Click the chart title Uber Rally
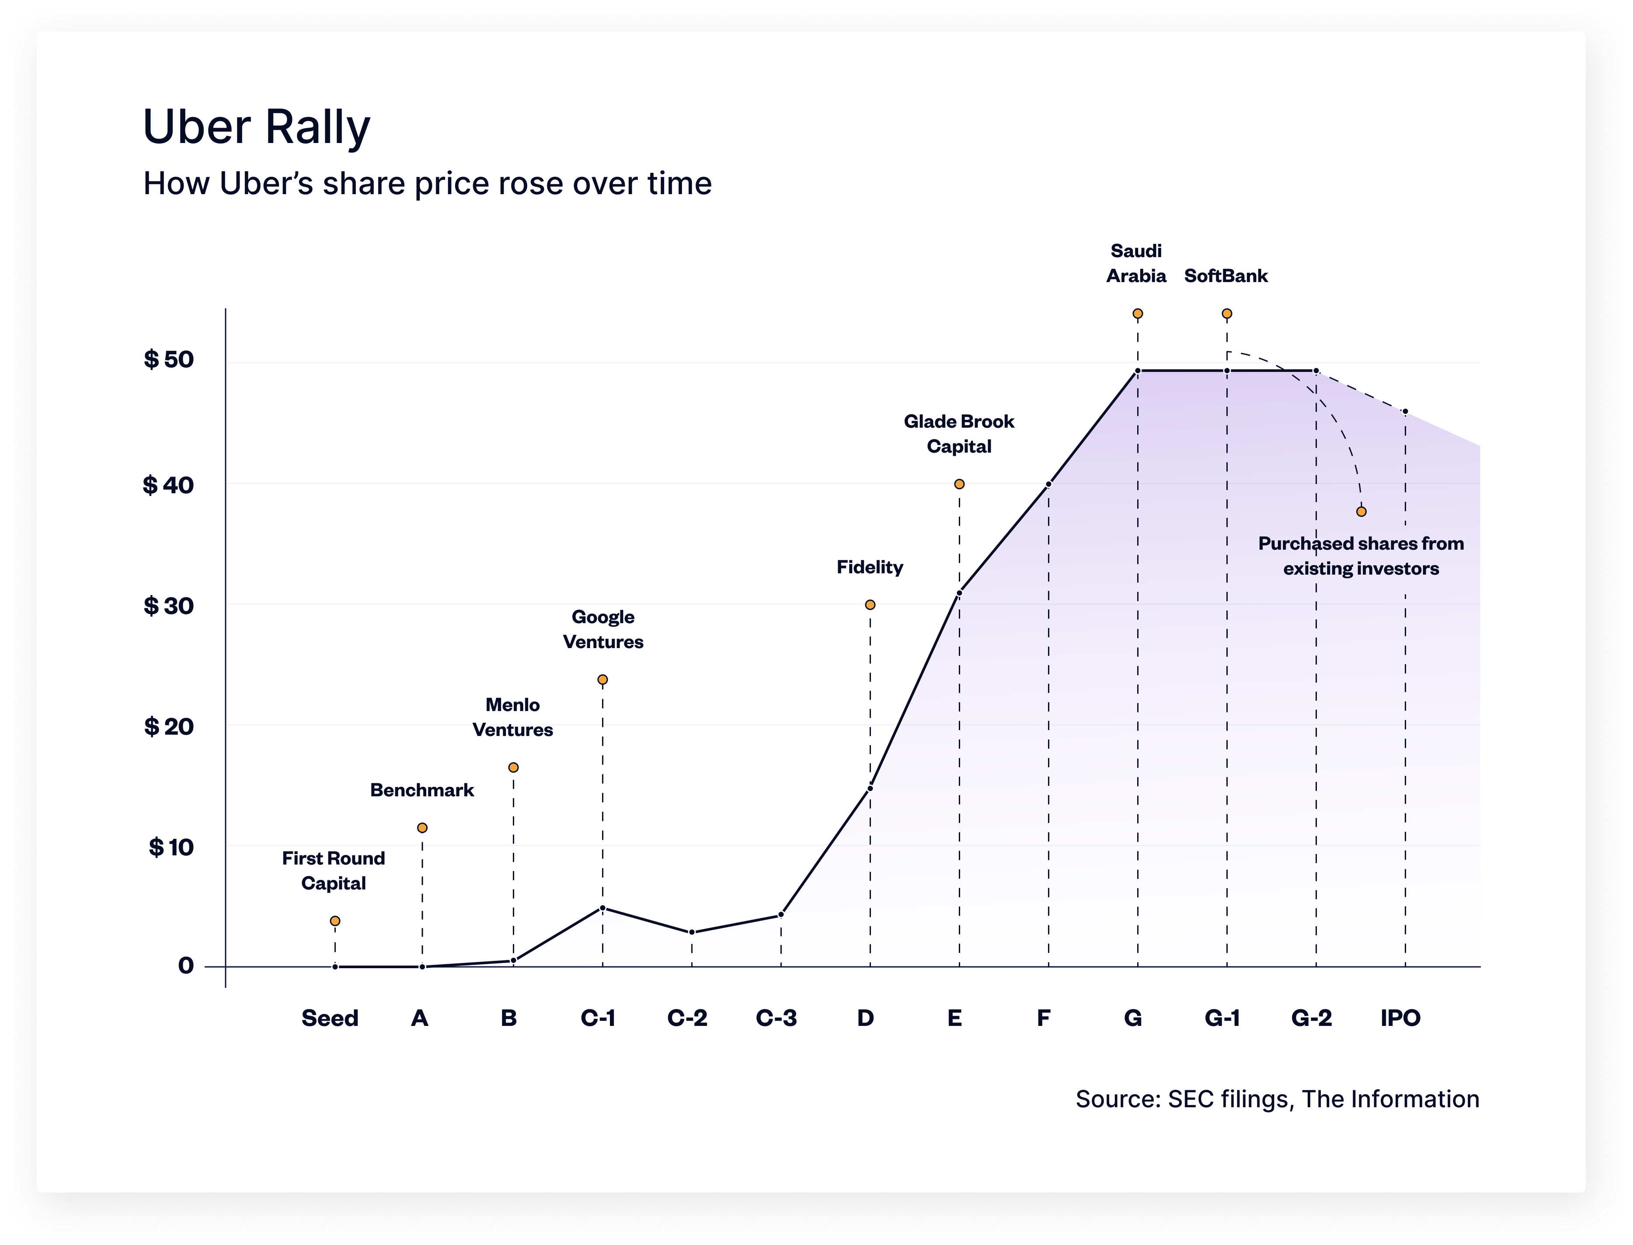pos(256,127)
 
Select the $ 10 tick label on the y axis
pos(171,847)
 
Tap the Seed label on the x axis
pos(330,1018)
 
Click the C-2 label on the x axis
pos(687,1018)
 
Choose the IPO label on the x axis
pos(1400,1018)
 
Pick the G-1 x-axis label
pos(1222,1018)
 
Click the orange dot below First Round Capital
pos(335,921)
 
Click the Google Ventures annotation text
pos(603,629)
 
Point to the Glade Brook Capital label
pos(959,433)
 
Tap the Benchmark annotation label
pos(421,790)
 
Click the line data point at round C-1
pos(602,908)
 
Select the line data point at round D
pos(870,788)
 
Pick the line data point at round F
pos(1048,485)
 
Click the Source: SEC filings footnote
pos(1277,1099)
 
